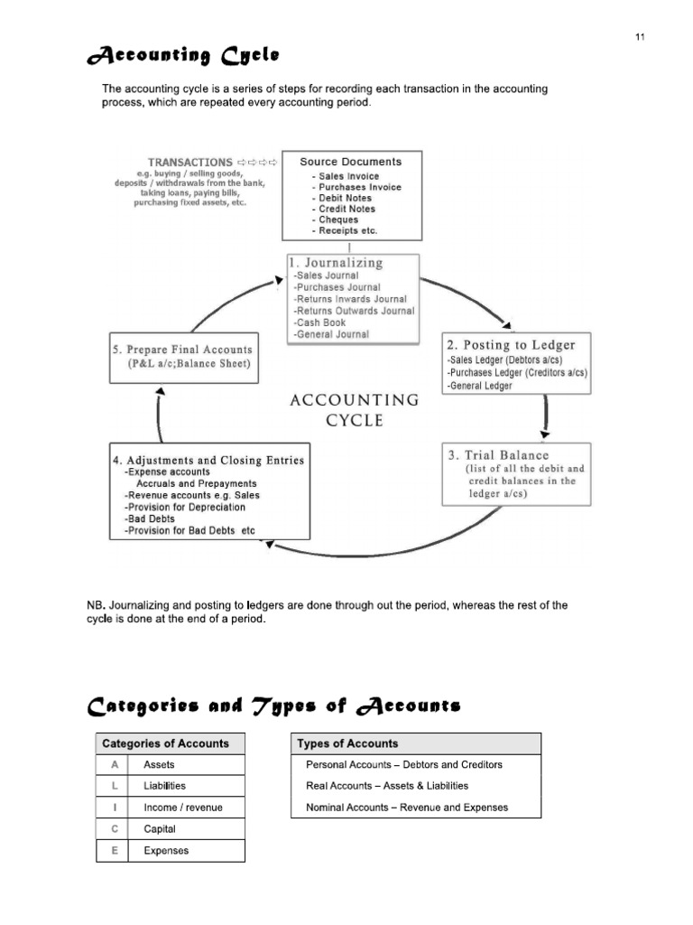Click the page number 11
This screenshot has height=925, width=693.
tap(639, 37)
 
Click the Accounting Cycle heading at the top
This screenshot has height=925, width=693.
tap(183, 57)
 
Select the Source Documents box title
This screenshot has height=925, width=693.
tap(351, 162)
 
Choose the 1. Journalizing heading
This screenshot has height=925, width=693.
tap(336, 263)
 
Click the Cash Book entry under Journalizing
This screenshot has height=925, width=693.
tap(320, 322)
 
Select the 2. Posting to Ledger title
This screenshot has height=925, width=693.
tap(510, 345)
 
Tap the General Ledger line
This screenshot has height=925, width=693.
tap(480, 386)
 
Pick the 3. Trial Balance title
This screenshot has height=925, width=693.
tap(498, 455)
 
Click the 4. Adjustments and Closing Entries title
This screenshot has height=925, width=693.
tap(208, 460)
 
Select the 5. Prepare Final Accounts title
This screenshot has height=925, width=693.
tap(183, 350)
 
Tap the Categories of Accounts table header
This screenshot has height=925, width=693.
tap(166, 743)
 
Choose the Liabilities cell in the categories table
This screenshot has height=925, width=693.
tap(164, 786)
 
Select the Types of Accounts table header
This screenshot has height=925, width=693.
tap(347, 743)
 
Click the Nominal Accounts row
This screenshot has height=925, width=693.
tap(407, 808)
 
